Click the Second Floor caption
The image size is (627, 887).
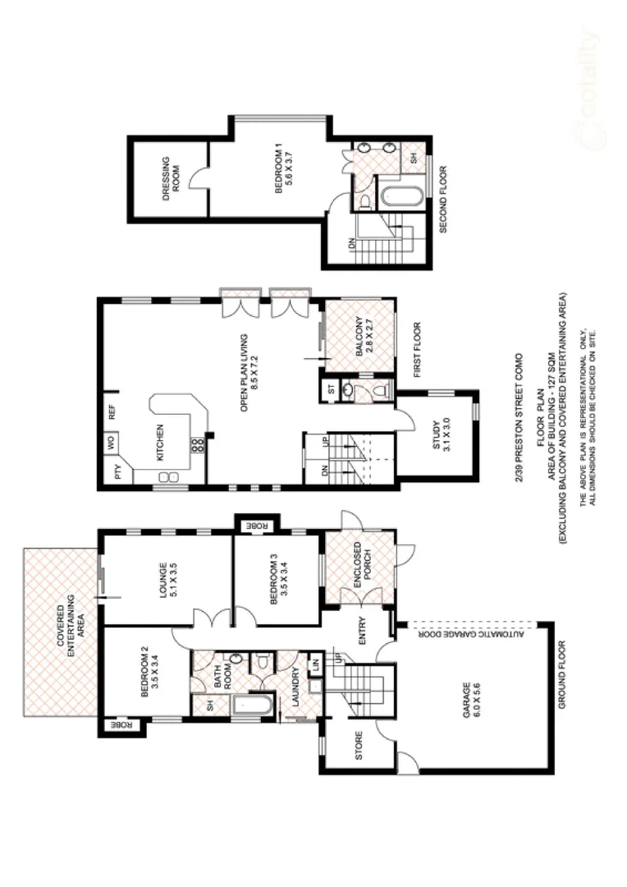tap(443, 200)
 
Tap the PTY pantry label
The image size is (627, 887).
tap(117, 473)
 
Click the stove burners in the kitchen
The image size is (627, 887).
tap(197, 447)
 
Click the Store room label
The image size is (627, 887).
tap(359, 746)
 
